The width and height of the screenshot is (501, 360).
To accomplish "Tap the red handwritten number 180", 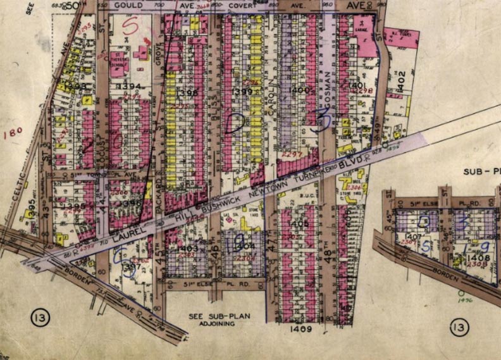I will pyautogui.click(x=13, y=133).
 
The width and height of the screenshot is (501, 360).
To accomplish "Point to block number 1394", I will pyautogui.click(x=132, y=86).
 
